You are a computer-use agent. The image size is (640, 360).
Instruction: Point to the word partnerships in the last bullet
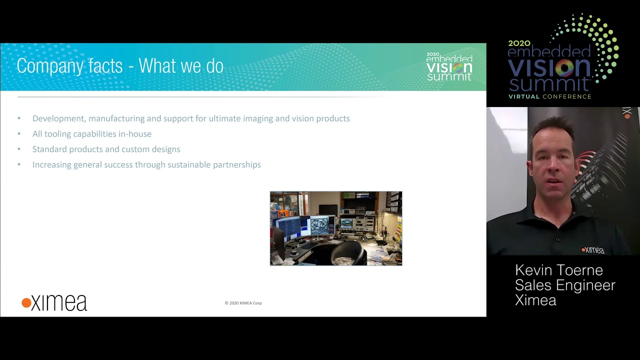click(x=237, y=165)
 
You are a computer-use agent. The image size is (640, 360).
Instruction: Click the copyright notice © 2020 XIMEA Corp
click(x=243, y=303)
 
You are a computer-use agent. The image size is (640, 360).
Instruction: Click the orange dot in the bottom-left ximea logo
click(x=26, y=303)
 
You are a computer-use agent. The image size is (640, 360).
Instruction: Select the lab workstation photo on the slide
click(x=336, y=228)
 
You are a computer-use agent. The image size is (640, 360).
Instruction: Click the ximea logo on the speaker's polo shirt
click(x=592, y=250)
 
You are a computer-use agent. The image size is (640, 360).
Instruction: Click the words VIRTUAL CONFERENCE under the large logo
click(x=549, y=96)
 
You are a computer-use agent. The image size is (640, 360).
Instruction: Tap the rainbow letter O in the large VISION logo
click(x=564, y=68)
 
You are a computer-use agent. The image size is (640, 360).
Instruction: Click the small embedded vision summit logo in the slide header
click(x=449, y=66)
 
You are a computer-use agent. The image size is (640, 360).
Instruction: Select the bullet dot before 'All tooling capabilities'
click(x=19, y=133)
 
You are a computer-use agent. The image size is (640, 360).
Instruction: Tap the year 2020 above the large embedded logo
click(x=519, y=43)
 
